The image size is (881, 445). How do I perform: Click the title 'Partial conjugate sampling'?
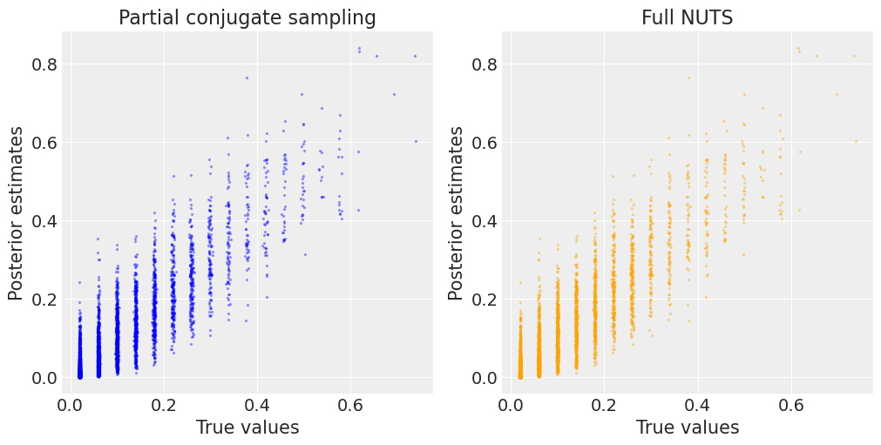tap(247, 17)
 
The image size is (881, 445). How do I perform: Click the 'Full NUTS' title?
tap(687, 17)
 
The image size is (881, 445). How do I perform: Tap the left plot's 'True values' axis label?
tap(247, 427)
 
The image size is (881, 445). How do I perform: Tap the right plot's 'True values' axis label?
tap(688, 427)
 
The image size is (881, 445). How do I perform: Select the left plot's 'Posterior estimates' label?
tap(17, 213)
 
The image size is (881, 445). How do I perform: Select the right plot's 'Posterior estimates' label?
tap(457, 213)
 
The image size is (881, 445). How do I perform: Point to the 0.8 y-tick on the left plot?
tap(44, 64)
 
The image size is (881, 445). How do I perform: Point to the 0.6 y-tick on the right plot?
tap(485, 143)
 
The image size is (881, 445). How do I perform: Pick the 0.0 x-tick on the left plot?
tap(71, 405)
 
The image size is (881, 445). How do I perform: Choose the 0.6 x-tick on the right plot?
tap(790, 405)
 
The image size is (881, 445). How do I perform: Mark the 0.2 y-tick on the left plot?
tap(44, 300)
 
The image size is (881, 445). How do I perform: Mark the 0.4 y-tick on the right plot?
tap(485, 221)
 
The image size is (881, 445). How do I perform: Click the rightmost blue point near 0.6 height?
tap(416, 141)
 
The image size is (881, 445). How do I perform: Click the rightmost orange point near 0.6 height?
tap(856, 141)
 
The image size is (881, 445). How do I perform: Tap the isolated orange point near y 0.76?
tap(688, 78)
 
